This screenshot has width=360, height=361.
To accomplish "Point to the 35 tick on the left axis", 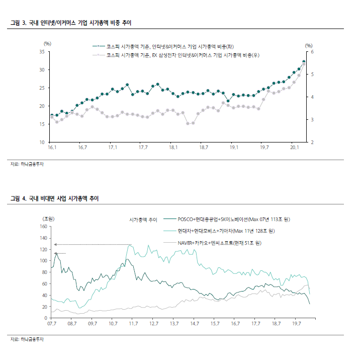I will (43, 52).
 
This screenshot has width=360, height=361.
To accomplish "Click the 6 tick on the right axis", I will (312, 52).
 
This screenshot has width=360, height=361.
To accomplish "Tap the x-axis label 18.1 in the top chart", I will (173, 148).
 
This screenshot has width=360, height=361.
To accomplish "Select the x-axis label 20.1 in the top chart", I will (295, 148).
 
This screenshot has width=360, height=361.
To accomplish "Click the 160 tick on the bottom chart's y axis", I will (43, 227).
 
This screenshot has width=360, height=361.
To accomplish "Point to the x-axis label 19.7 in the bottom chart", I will (297, 324).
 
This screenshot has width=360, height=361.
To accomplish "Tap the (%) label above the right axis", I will (309, 45).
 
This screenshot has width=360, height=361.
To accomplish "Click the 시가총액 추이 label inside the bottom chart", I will (143, 220).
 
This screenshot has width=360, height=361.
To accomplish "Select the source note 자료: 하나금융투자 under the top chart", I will (28, 164).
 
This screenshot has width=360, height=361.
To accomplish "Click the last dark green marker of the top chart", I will (304, 62).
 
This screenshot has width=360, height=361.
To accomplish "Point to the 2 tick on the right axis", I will (312, 142).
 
